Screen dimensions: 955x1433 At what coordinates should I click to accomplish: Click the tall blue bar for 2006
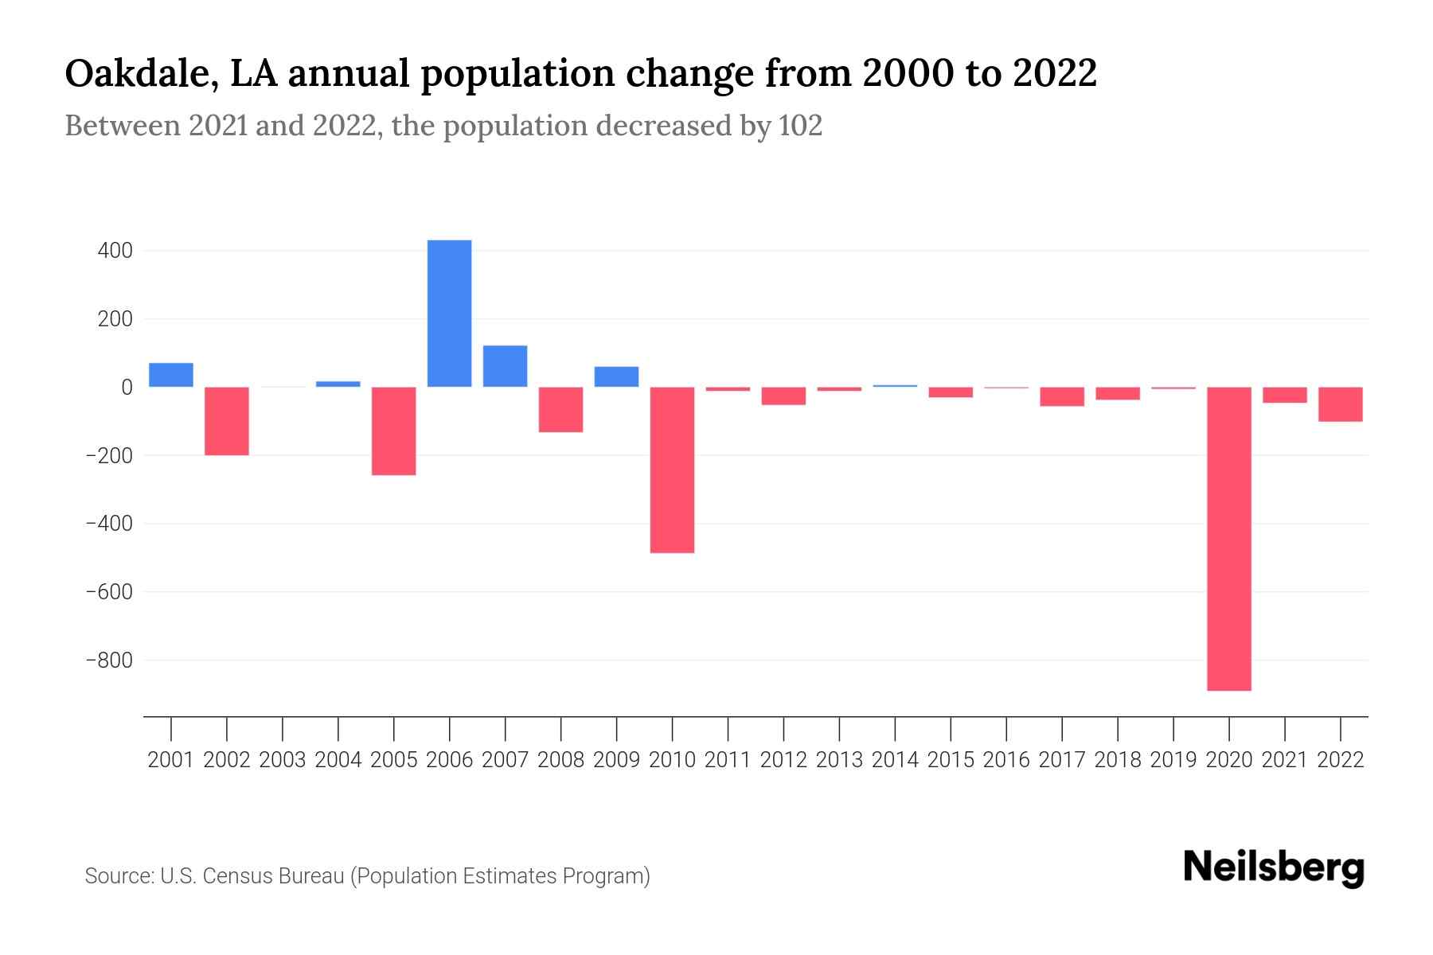(x=449, y=314)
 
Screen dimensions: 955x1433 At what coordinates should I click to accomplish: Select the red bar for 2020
(x=1229, y=539)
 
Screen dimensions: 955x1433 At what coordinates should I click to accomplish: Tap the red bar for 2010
(x=672, y=470)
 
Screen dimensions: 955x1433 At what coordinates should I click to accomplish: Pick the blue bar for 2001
(x=171, y=375)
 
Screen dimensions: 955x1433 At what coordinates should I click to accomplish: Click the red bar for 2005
(x=394, y=431)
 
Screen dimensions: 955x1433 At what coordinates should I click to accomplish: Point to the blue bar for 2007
(x=505, y=366)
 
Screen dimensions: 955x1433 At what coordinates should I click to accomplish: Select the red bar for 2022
(x=1341, y=404)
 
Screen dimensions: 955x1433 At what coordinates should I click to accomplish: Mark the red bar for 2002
(x=227, y=421)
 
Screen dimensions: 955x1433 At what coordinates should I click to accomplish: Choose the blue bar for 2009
(x=616, y=376)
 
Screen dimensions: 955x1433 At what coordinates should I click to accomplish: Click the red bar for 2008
(x=560, y=409)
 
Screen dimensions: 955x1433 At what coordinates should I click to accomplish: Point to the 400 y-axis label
(x=115, y=251)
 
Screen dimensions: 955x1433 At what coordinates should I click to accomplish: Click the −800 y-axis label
(x=109, y=661)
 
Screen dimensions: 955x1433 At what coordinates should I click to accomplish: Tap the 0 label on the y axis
(x=127, y=388)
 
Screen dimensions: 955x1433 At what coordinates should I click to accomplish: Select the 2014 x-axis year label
(x=895, y=760)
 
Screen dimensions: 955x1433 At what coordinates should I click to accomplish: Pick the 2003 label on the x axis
(x=283, y=760)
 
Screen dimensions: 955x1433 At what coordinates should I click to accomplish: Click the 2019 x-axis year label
(x=1173, y=760)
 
